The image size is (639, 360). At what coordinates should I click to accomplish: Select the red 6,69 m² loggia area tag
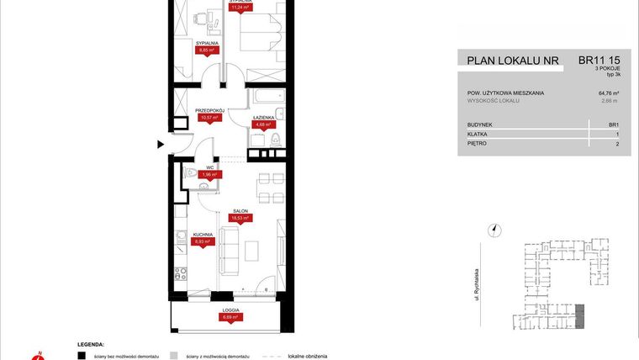[231, 317]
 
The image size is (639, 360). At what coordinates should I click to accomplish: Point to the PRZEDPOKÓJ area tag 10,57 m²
[209, 118]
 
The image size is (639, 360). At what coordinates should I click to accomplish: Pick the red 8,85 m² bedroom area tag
[207, 50]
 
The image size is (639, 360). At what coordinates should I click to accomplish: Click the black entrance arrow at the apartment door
[161, 146]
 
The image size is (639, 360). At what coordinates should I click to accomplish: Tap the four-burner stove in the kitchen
[178, 273]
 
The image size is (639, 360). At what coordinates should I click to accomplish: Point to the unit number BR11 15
[599, 60]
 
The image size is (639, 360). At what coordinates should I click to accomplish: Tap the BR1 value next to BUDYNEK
[613, 124]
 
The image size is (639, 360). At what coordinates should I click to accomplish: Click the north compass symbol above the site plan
[496, 227]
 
